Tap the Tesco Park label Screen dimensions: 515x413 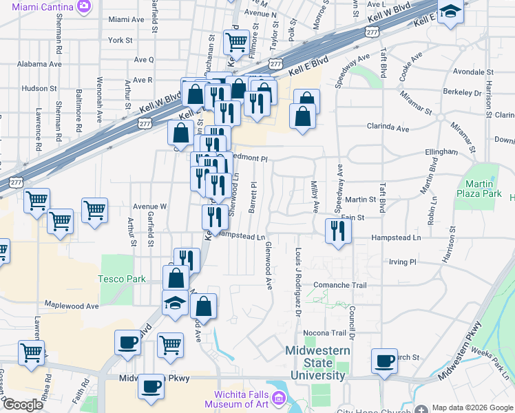123,279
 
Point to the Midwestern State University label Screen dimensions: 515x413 317,363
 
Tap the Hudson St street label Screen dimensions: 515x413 39,88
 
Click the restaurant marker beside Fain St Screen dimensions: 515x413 337,231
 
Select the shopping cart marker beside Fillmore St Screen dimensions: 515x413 236,42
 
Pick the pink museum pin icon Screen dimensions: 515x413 279,398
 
